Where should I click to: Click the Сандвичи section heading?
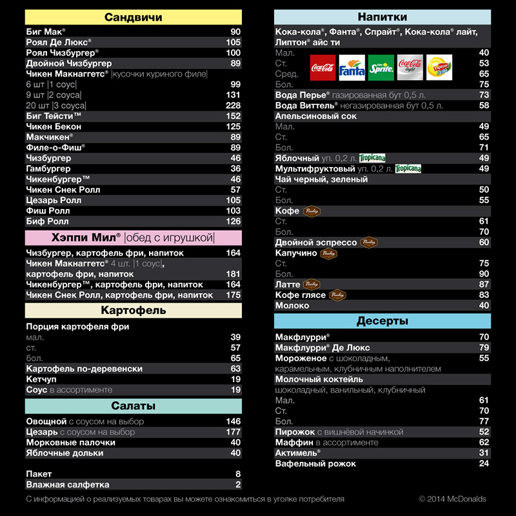(134, 17)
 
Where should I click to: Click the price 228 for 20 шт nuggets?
(233, 106)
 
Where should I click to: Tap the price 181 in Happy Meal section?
(233, 274)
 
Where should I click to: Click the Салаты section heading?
(134, 406)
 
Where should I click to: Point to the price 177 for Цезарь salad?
(233, 432)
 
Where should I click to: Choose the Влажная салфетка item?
(68, 484)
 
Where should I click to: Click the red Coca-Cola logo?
(322, 68)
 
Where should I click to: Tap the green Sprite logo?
(381, 68)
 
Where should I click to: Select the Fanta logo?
(352, 68)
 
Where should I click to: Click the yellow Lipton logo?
(439, 68)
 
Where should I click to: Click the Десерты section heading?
(382, 321)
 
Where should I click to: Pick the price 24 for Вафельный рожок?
(484, 464)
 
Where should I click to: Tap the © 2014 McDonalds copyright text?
(452, 499)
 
